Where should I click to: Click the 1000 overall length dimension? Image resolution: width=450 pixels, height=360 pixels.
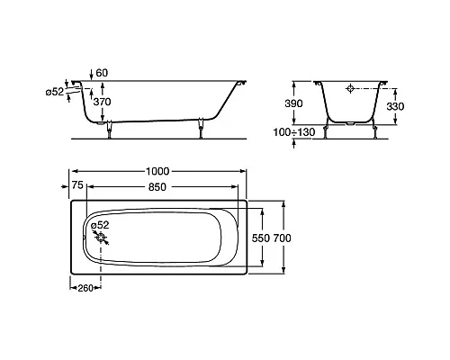pos(157,171)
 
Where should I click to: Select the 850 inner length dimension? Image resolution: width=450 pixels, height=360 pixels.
pos(157,187)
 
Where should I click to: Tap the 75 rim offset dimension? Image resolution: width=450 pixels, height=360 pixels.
pos(77,185)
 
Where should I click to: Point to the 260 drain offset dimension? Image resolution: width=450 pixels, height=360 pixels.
pos(85,288)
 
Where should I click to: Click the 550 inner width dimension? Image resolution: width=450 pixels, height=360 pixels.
pos(261,238)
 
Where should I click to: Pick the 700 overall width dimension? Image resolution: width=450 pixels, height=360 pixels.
pos(282,238)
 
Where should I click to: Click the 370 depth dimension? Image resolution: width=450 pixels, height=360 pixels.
pos(102,102)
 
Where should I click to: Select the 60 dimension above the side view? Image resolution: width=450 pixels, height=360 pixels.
pos(102,73)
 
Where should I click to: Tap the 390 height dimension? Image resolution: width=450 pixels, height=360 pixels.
pos(293,103)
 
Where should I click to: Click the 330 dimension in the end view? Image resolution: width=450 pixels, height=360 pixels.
pos(395,106)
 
